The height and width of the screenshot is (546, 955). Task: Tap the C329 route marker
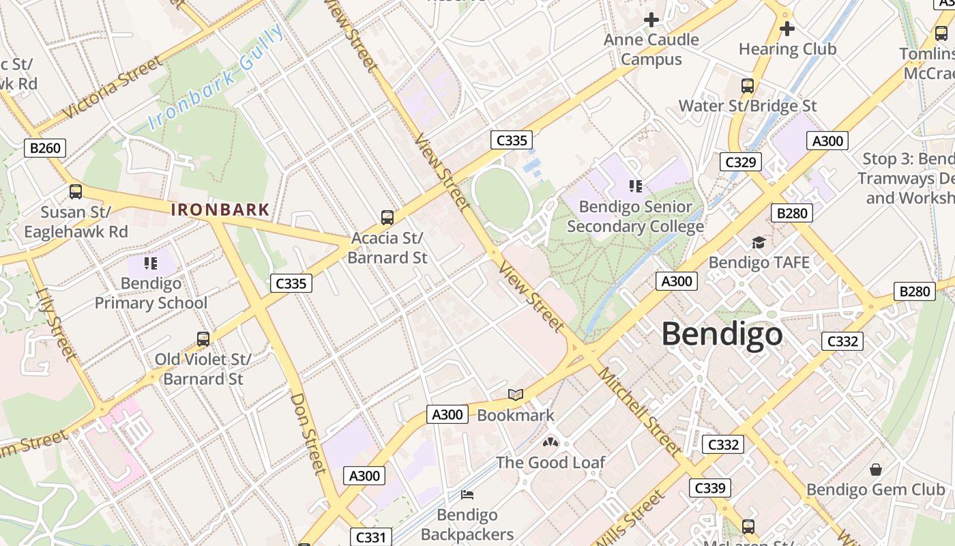click(x=740, y=162)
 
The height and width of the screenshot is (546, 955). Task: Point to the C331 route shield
click(x=371, y=537)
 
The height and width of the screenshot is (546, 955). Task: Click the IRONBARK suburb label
click(x=220, y=210)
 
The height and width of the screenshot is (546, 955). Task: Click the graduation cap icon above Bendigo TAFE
click(x=759, y=242)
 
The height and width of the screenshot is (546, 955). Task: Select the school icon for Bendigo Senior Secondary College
click(x=636, y=186)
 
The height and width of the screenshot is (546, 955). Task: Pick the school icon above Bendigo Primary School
click(x=151, y=263)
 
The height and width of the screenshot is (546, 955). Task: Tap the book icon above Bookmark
click(x=516, y=395)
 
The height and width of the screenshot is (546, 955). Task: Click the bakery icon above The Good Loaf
click(x=550, y=442)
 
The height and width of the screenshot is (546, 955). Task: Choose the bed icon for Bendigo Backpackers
click(x=467, y=494)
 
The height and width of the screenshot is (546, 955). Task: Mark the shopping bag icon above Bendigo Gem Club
click(x=876, y=470)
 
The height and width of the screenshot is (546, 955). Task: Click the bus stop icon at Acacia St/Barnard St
click(x=387, y=218)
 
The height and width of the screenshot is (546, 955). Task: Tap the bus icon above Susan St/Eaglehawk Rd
click(x=76, y=192)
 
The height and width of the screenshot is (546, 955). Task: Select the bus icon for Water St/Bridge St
click(x=748, y=86)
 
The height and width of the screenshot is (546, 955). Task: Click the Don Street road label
click(x=309, y=433)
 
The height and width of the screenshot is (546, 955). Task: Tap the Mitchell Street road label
click(x=638, y=411)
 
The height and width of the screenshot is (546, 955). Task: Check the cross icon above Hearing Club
click(x=787, y=29)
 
